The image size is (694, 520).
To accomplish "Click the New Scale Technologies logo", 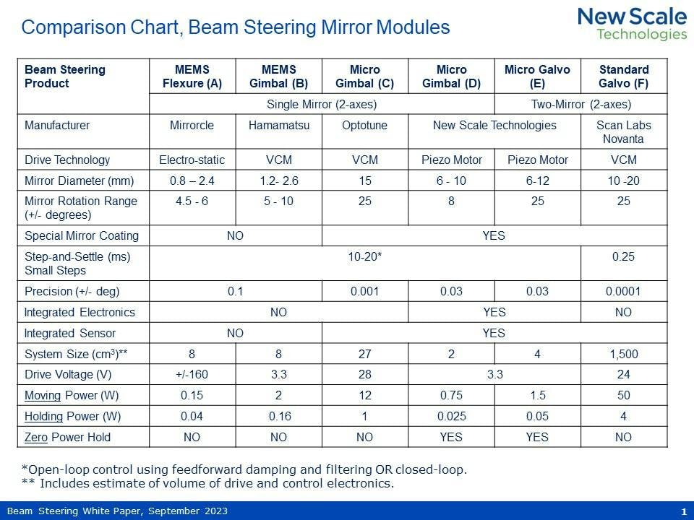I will coord(632,24).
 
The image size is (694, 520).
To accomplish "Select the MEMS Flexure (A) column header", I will coord(192,77).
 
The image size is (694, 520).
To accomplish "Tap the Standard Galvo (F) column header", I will coord(623,77).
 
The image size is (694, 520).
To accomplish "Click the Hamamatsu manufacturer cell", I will coord(278,125).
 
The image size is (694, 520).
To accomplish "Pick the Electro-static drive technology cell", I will coord(192,160).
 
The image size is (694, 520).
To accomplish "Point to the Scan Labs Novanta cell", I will coord(623,131).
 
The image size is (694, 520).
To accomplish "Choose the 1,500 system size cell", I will coord(623,354).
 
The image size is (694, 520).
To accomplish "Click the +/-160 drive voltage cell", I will coord(192,374).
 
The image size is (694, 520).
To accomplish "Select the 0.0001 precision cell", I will coord(623,291).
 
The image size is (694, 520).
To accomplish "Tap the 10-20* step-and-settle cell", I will coord(364,256).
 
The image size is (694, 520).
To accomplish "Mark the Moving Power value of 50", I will coord(623,395).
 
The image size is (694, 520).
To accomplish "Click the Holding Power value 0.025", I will coord(451,416).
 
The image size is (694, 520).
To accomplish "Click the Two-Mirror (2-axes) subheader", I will coord(581,104).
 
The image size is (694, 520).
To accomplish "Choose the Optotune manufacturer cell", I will coord(364,125).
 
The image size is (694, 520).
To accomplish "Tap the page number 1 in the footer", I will coord(683,511).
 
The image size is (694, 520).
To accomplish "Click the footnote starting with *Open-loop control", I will coord(244,469).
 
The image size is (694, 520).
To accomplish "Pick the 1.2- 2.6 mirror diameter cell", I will coord(278,181).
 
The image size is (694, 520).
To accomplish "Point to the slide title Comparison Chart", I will coord(236,28).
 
